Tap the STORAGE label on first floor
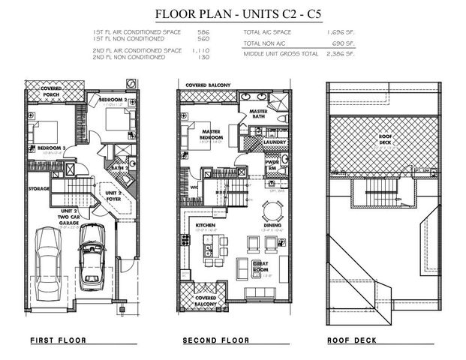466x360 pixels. [38, 188]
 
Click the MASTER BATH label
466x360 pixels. [258, 113]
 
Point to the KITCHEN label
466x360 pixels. [206, 225]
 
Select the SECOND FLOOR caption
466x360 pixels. [215, 340]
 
